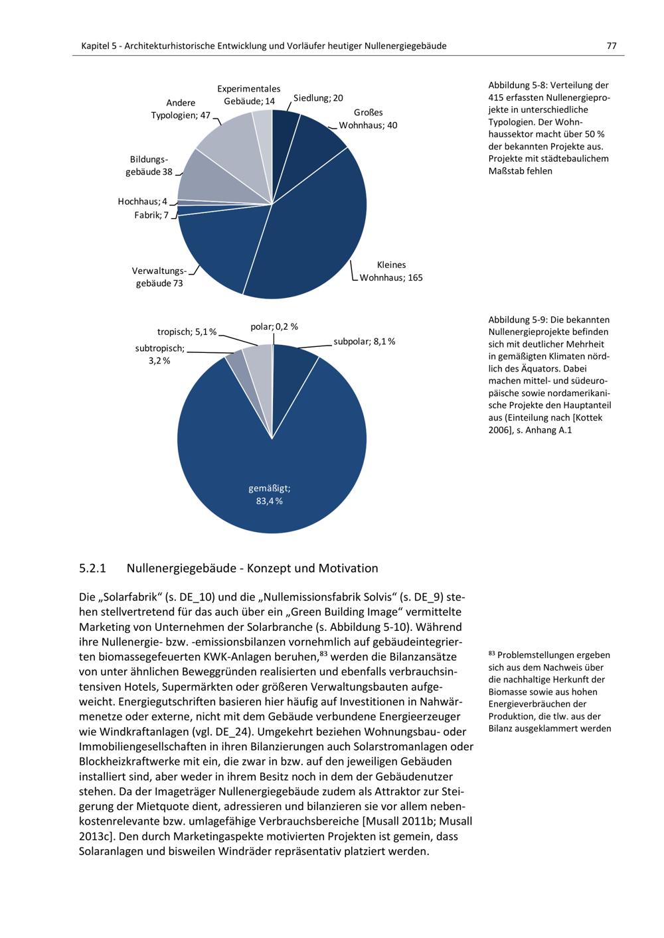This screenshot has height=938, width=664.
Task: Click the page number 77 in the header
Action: coord(611,46)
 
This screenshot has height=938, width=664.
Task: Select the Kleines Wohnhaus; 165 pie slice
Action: coord(312,226)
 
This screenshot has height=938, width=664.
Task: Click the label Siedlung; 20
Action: coord(318,98)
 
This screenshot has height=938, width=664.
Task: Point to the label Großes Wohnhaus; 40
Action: coord(368,119)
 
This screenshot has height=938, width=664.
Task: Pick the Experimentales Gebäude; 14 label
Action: coord(249,95)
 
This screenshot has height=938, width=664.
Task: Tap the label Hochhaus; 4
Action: coord(143,201)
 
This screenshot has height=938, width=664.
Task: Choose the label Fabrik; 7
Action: coord(151,215)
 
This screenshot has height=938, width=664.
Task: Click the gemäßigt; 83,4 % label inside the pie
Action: coord(269,495)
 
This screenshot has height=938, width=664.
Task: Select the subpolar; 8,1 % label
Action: coord(364,342)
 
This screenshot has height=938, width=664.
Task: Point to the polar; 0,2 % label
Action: coord(274,326)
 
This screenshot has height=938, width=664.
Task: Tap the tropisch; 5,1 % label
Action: coord(187,332)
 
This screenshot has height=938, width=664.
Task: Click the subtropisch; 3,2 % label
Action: coord(159,354)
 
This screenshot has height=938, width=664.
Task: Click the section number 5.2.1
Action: coord(93,569)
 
